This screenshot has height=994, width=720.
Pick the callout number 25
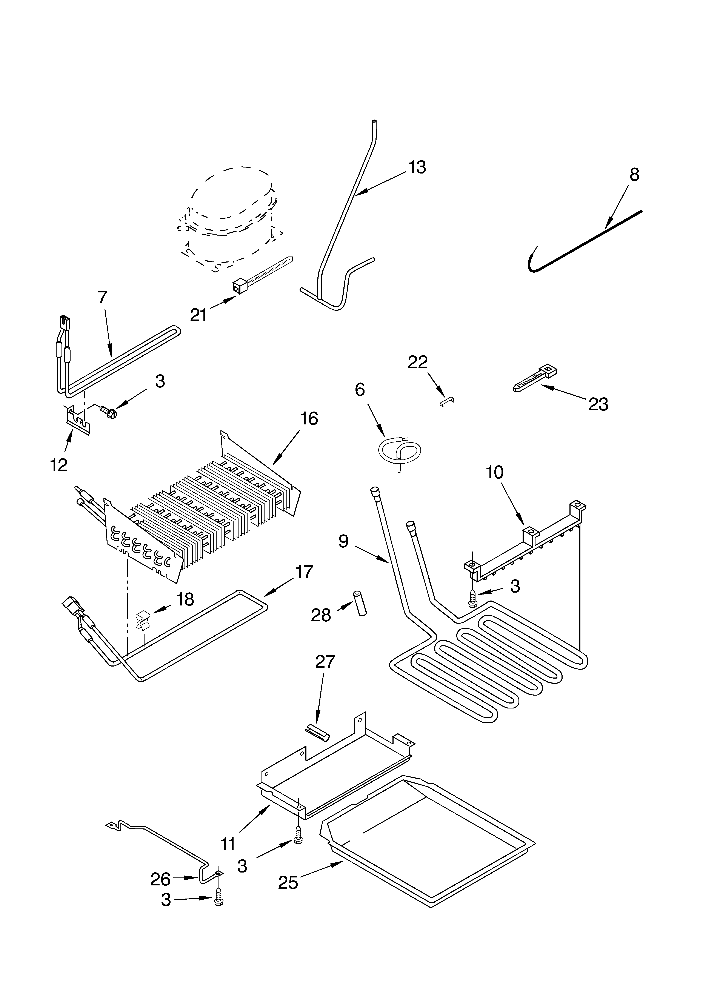point(288,882)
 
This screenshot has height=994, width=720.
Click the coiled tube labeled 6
point(399,453)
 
